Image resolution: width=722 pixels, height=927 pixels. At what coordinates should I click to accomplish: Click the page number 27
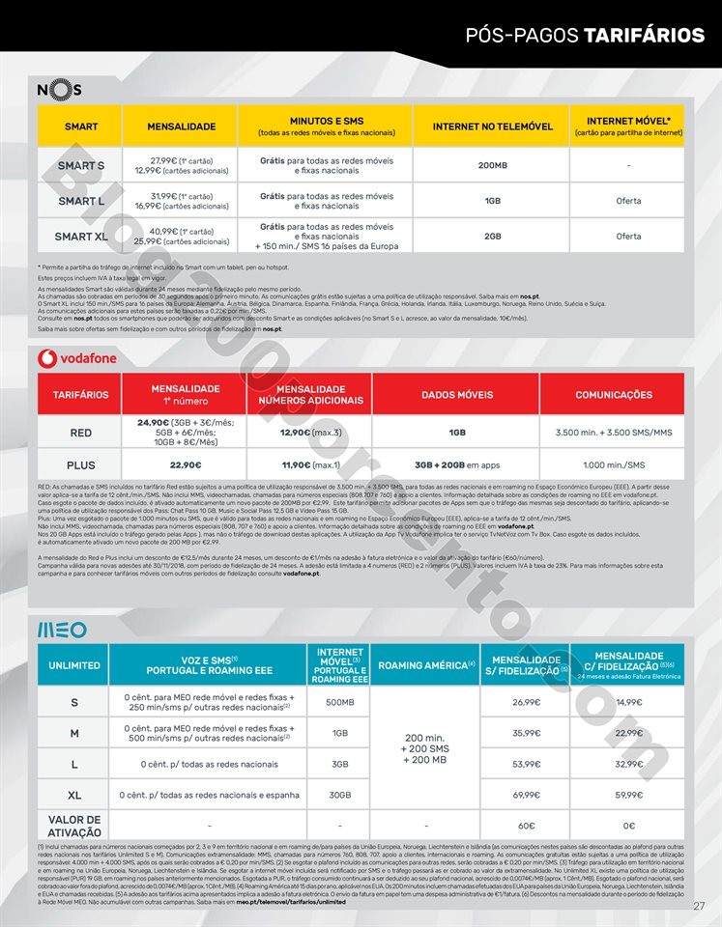click(700, 905)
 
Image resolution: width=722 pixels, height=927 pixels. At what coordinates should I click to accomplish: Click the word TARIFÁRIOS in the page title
click(644, 37)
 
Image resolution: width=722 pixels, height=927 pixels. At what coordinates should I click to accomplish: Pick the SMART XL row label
click(81, 237)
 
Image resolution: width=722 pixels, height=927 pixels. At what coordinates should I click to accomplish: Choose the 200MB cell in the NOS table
click(492, 165)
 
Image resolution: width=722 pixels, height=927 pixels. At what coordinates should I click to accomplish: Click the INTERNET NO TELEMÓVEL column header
click(492, 126)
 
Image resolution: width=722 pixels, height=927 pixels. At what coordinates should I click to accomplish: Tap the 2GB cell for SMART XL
click(492, 237)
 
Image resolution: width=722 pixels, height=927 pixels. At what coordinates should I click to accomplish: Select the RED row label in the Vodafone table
click(81, 433)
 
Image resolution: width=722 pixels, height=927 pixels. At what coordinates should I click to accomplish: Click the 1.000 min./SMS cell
click(613, 465)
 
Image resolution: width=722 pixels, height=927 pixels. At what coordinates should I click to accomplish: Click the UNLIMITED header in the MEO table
click(74, 665)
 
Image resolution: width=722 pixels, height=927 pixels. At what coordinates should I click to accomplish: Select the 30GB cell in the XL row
click(340, 795)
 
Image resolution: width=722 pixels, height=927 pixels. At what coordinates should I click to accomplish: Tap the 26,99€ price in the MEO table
click(525, 702)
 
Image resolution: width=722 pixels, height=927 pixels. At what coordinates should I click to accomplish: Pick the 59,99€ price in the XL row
click(628, 795)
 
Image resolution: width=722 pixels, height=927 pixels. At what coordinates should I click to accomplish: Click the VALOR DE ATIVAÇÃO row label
click(74, 826)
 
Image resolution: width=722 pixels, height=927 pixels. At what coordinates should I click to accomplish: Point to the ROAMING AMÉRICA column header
click(425, 665)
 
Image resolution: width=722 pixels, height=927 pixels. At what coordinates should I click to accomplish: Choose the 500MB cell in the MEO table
click(340, 702)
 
